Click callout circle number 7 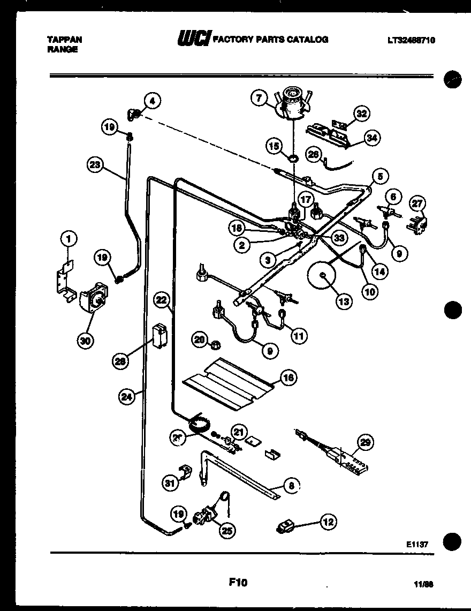[259, 97]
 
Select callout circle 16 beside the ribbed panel [287, 378]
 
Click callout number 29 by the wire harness [365, 442]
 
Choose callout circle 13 [344, 301]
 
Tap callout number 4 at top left [152, 100]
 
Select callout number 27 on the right [417, 203]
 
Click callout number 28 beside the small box [120, 361]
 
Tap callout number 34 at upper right [370, 138]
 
